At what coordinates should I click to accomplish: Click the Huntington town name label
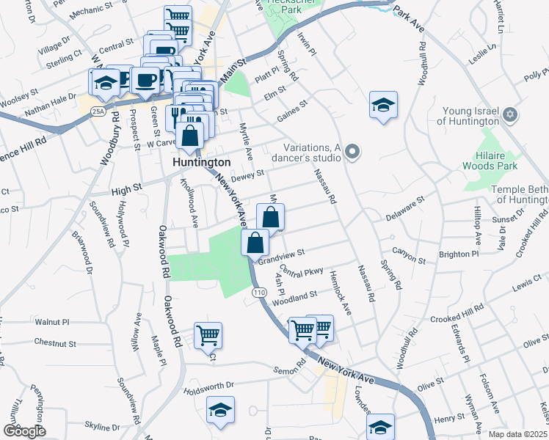202,161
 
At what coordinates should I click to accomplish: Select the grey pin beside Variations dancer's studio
353,152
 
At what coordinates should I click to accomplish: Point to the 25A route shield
99,111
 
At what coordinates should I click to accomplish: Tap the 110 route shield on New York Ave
258,292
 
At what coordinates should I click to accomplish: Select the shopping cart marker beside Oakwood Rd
208,335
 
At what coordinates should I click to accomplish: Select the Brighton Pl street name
458,254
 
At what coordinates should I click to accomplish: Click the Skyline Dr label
97,425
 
